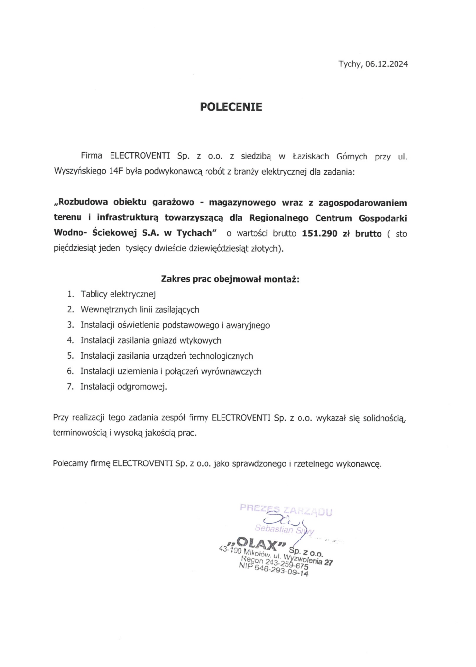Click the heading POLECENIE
click(231, 107)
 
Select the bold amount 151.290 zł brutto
click(341, 233)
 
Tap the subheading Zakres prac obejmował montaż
click(230, 279)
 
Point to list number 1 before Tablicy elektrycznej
click(71, 294)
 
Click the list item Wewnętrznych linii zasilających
click(140, 310)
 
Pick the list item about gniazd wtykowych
click(151, 341)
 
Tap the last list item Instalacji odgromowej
click(124, 387)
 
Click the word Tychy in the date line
click(349, 64)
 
